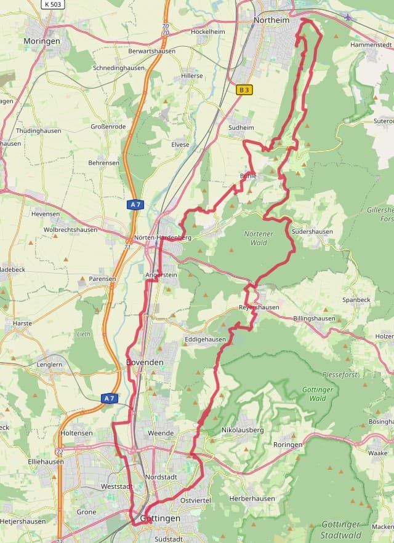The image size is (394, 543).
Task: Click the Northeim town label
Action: pyautogui.click(x=272, y=20)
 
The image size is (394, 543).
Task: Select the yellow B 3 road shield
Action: pyautogui.click(x=244, y=90)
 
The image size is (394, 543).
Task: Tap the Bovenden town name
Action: pyautogui.click(x=145, y=362)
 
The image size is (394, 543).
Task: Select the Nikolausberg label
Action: pyautogui.click(x=242, y=430)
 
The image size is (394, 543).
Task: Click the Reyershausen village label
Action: pyautogui.click(x=259, y=307)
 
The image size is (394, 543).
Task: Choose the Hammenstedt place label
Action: pyautogui.click(x=371, y=45)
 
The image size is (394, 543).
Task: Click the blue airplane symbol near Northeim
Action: pyautogui.click(x=349, y=17)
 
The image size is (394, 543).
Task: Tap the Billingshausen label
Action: pyautogui.click(x=314, y=319)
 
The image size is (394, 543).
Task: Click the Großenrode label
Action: pyautogui.click(x=108, y=127)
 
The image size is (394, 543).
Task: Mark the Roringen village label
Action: pyautogui.click(x=288, y=445)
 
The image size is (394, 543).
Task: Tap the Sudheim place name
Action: pyautogui.click(x=241, y=128)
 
